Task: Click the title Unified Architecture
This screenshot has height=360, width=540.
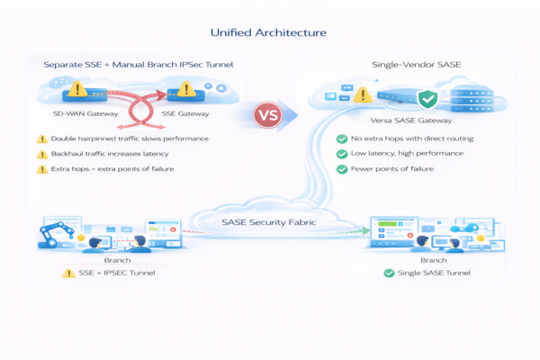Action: (x=268, y=33)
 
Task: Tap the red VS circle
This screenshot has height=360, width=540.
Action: (x=269, y=115)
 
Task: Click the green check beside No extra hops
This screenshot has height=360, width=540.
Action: (x=342, y=139)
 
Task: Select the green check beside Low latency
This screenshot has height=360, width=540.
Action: (x=342, y=155)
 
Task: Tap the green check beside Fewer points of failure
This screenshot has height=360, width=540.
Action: (x=342, y=169)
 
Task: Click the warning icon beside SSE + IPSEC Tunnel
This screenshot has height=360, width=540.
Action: (x=67, y=273)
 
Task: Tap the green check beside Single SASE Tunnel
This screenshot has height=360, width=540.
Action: (x=389, y=273)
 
